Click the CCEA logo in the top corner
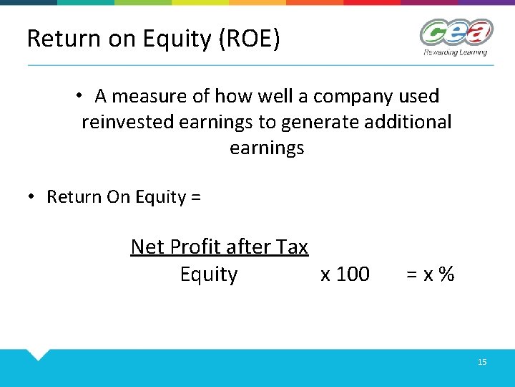(456, 33)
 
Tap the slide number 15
(482, 363)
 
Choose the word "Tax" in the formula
(292, 247)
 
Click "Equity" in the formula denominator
(208, 274)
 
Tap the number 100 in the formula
(353, 274)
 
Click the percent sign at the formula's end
(447, 274)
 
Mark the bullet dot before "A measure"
(82, 96)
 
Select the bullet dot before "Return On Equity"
(32, 197)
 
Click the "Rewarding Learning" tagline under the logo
(455, 52)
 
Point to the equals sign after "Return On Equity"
(196, 198)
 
